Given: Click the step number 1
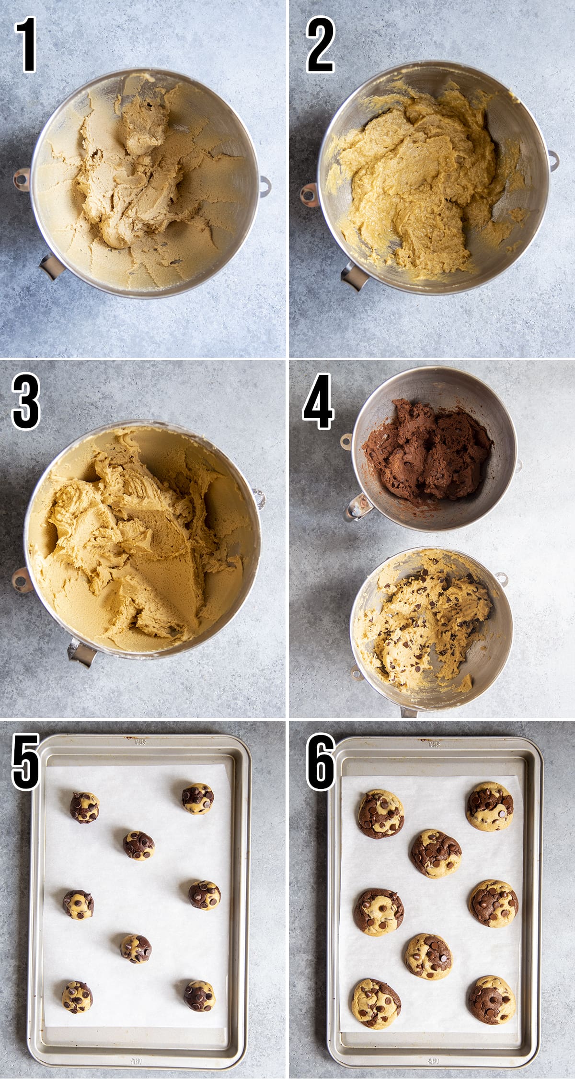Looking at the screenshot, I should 26,45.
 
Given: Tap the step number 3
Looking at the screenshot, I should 25,401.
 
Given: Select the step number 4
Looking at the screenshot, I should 319,401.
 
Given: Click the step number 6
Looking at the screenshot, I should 320,762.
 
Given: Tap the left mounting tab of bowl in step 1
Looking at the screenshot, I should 21,179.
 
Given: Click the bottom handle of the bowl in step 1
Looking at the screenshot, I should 51,267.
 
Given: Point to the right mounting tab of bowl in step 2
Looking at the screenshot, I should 553,160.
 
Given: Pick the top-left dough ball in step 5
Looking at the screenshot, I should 84,808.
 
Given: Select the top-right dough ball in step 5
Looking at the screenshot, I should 198,799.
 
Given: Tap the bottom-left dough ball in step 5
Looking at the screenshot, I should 77,997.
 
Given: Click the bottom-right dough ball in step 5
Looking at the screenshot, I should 199,996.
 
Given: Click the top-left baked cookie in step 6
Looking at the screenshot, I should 381,813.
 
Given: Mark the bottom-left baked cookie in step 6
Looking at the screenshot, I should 376,1003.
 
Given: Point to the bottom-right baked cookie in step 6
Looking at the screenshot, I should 492,999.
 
